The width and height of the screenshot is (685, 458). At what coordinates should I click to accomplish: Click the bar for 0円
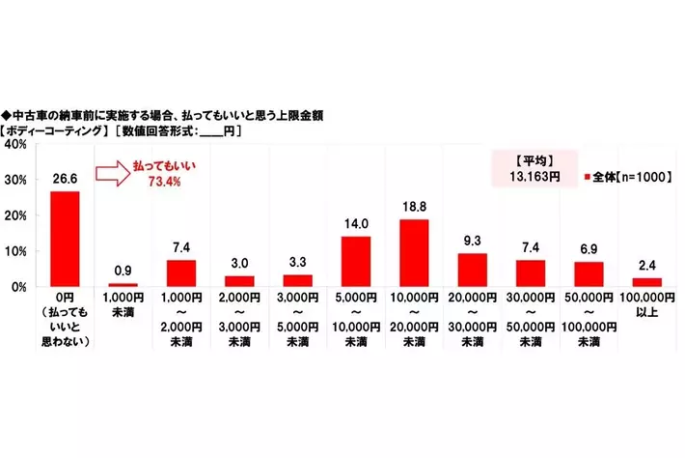click(65, 239)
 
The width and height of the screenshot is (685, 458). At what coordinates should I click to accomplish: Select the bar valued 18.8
click(415, 253)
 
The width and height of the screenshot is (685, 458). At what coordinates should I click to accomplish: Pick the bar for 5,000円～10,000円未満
click(356, 262)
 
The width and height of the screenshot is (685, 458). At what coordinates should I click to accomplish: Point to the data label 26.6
click(65, 179)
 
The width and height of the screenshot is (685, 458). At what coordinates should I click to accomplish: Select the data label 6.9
click(589, 250)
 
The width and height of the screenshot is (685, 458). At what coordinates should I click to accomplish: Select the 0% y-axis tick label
click(16, 287)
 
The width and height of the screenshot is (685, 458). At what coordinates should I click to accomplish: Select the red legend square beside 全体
click(588, 177)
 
